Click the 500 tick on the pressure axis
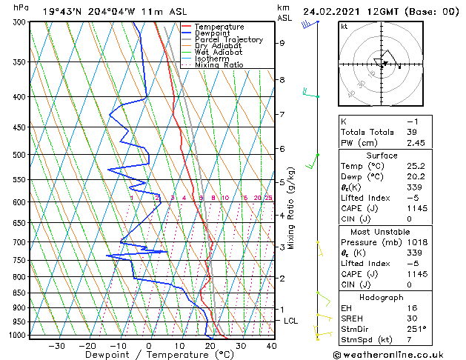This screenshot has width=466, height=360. click(16, 155)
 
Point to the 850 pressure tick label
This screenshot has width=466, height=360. click(16, 293)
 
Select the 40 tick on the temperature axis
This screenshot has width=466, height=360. click(271, 345)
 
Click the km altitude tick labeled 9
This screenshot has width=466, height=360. click(282, 43)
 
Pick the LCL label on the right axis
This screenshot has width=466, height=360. click(291, 321)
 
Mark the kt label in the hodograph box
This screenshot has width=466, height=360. click(344, 26)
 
